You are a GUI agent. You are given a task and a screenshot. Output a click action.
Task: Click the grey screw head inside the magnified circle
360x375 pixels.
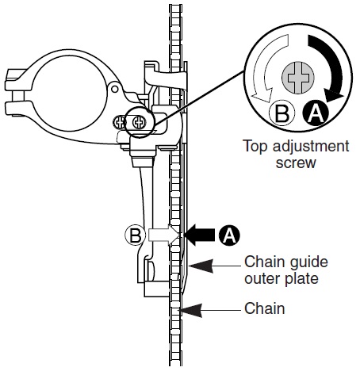click(298, 78)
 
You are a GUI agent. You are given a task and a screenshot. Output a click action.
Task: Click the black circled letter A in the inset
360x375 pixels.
click(316, 113)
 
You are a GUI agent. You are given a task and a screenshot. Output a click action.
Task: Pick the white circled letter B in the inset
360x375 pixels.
click(281, 113)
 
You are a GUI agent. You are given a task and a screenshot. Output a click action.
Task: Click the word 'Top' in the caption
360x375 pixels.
click(255, 147)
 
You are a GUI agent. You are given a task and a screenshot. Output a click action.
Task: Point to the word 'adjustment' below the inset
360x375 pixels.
click(311, 147)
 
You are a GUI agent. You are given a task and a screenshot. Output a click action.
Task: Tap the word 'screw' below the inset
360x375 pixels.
click(296, 163)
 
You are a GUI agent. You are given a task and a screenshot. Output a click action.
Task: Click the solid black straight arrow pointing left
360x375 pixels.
click(200, 235)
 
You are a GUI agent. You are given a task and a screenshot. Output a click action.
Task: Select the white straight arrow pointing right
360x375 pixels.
click(164, 235)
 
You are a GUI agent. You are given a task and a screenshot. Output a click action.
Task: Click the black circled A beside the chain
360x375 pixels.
click(229, 235)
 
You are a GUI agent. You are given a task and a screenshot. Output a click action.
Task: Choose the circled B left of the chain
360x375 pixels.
click(135, 235)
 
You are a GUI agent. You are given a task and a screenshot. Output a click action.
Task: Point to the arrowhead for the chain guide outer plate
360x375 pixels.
click(201, 266)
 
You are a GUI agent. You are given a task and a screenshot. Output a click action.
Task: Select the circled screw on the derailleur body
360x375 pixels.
click(139, 122)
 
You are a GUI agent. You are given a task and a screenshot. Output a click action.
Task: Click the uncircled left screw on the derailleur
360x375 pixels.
click(119, 122)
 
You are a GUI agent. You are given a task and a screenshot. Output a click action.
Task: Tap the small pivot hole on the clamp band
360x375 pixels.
click(114, 89)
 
